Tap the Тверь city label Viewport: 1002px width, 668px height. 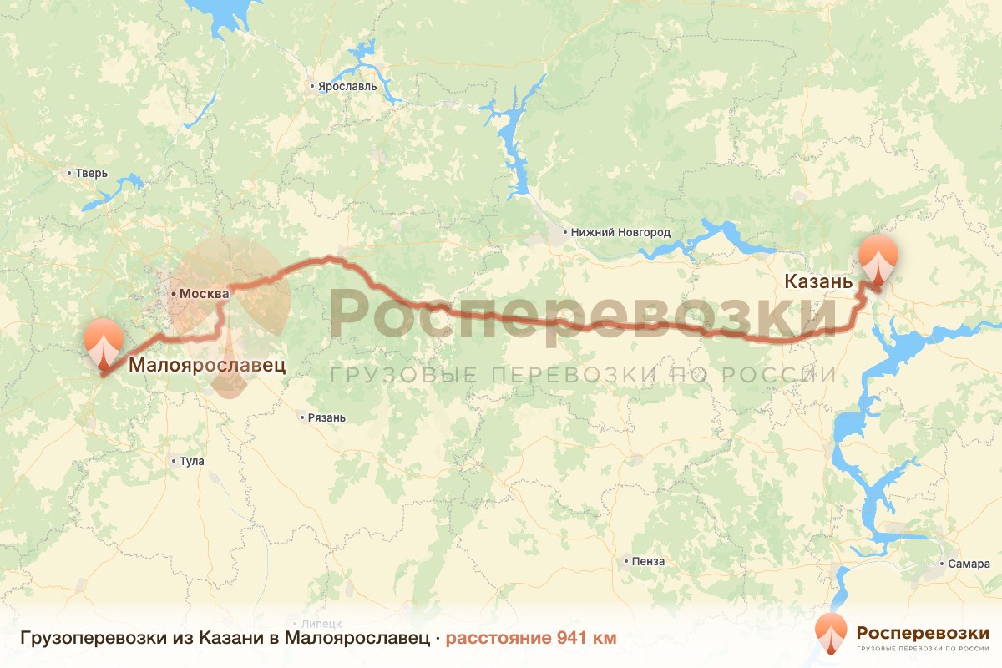91,174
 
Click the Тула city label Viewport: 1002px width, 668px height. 191,461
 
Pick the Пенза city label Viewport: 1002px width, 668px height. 649,561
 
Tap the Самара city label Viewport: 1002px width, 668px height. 969,564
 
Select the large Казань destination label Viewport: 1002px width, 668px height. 818,282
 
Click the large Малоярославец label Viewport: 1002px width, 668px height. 206,365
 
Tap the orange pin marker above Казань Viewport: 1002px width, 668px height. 878,261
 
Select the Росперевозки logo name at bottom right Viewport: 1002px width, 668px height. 923,632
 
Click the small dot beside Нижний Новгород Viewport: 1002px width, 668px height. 564,232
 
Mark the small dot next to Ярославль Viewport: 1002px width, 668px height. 311,86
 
